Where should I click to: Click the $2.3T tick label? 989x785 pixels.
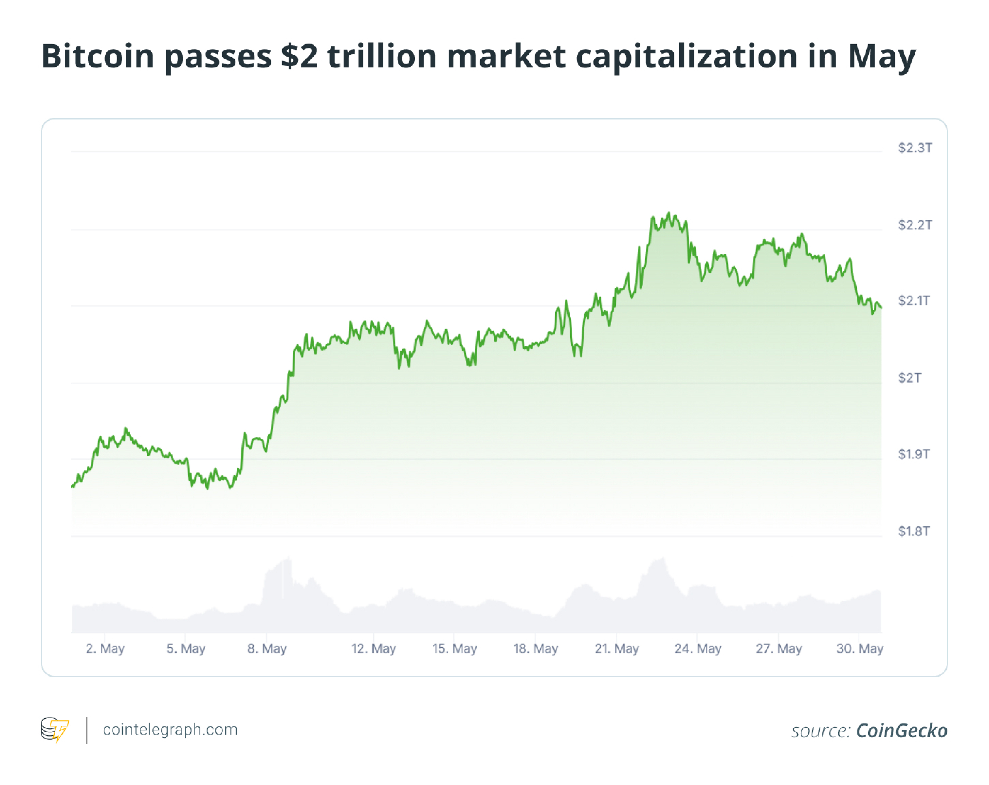[x=915, y=148]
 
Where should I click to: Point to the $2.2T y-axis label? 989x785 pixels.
[x=915, y=225]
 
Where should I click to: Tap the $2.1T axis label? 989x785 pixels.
[x=914, y=301]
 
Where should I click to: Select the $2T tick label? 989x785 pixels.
[x=909, y=377]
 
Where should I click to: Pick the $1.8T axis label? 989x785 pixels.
[x=914, y=531]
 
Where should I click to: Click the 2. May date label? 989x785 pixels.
[x=105, y=648]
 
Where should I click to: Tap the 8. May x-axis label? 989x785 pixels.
[x=267, y=648]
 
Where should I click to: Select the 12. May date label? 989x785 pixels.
[x=374, y=648]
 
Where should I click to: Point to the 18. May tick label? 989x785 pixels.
[x=535, y=648]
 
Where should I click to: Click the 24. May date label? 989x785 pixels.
[x=698, y=648]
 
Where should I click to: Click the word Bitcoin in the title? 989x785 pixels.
[x=98, y=56]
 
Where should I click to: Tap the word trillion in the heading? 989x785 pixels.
[x=382, y=56]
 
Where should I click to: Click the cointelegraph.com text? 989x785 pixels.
[x=170, y=729]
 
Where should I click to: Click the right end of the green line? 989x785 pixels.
[x=881, y=307]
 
